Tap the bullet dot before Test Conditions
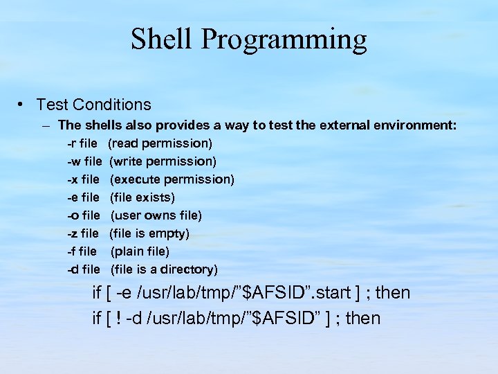tap(23, 105)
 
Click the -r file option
tap(82, 143)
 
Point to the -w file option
tap(84, 161)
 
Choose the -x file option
tap(84, 179)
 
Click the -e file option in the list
tap(84, 197)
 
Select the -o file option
tap(84, 215)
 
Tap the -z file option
tap(84, 233)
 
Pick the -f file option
tap(82, 251)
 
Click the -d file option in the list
tap(84, 269)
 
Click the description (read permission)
tap(160, 143)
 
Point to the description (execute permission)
tap(172, 179)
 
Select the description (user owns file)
tap(156, 215)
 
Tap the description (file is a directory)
tap(164, 269)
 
